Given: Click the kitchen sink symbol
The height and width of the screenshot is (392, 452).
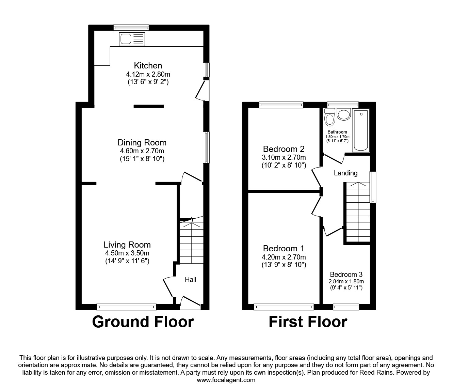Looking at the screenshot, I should [x=132, y=39].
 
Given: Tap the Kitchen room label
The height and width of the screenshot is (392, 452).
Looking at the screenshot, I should [x=148, y=65].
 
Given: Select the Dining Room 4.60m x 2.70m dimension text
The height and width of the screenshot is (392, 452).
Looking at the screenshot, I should [x=142, y=151].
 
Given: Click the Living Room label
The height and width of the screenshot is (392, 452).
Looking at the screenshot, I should [x=127, y=245].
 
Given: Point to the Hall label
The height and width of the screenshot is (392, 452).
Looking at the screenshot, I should [x=191, y=280].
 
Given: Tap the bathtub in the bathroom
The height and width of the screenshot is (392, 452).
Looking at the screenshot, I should [x=361, y=130].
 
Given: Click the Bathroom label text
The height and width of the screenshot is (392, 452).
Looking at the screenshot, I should [x=337, y=132].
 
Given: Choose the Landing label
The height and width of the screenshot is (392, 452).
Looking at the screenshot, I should [x=345, y=173].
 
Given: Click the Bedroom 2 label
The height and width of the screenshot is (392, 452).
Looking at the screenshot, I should [x=284, y=149].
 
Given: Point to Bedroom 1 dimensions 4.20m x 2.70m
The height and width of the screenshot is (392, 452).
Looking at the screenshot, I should [x=284, y=257].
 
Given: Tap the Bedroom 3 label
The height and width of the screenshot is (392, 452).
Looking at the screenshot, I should [x=346, y=274].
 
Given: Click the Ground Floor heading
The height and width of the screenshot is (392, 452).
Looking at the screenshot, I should [x=143, y=322].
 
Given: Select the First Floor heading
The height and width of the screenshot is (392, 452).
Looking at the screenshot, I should [x=308, y=322].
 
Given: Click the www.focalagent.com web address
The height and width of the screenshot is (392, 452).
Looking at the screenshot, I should [x=226, y=380].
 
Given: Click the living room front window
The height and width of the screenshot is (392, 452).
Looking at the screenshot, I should [x=126, y=307].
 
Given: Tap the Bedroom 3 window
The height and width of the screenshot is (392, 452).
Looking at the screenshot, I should [x=346, y=307].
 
